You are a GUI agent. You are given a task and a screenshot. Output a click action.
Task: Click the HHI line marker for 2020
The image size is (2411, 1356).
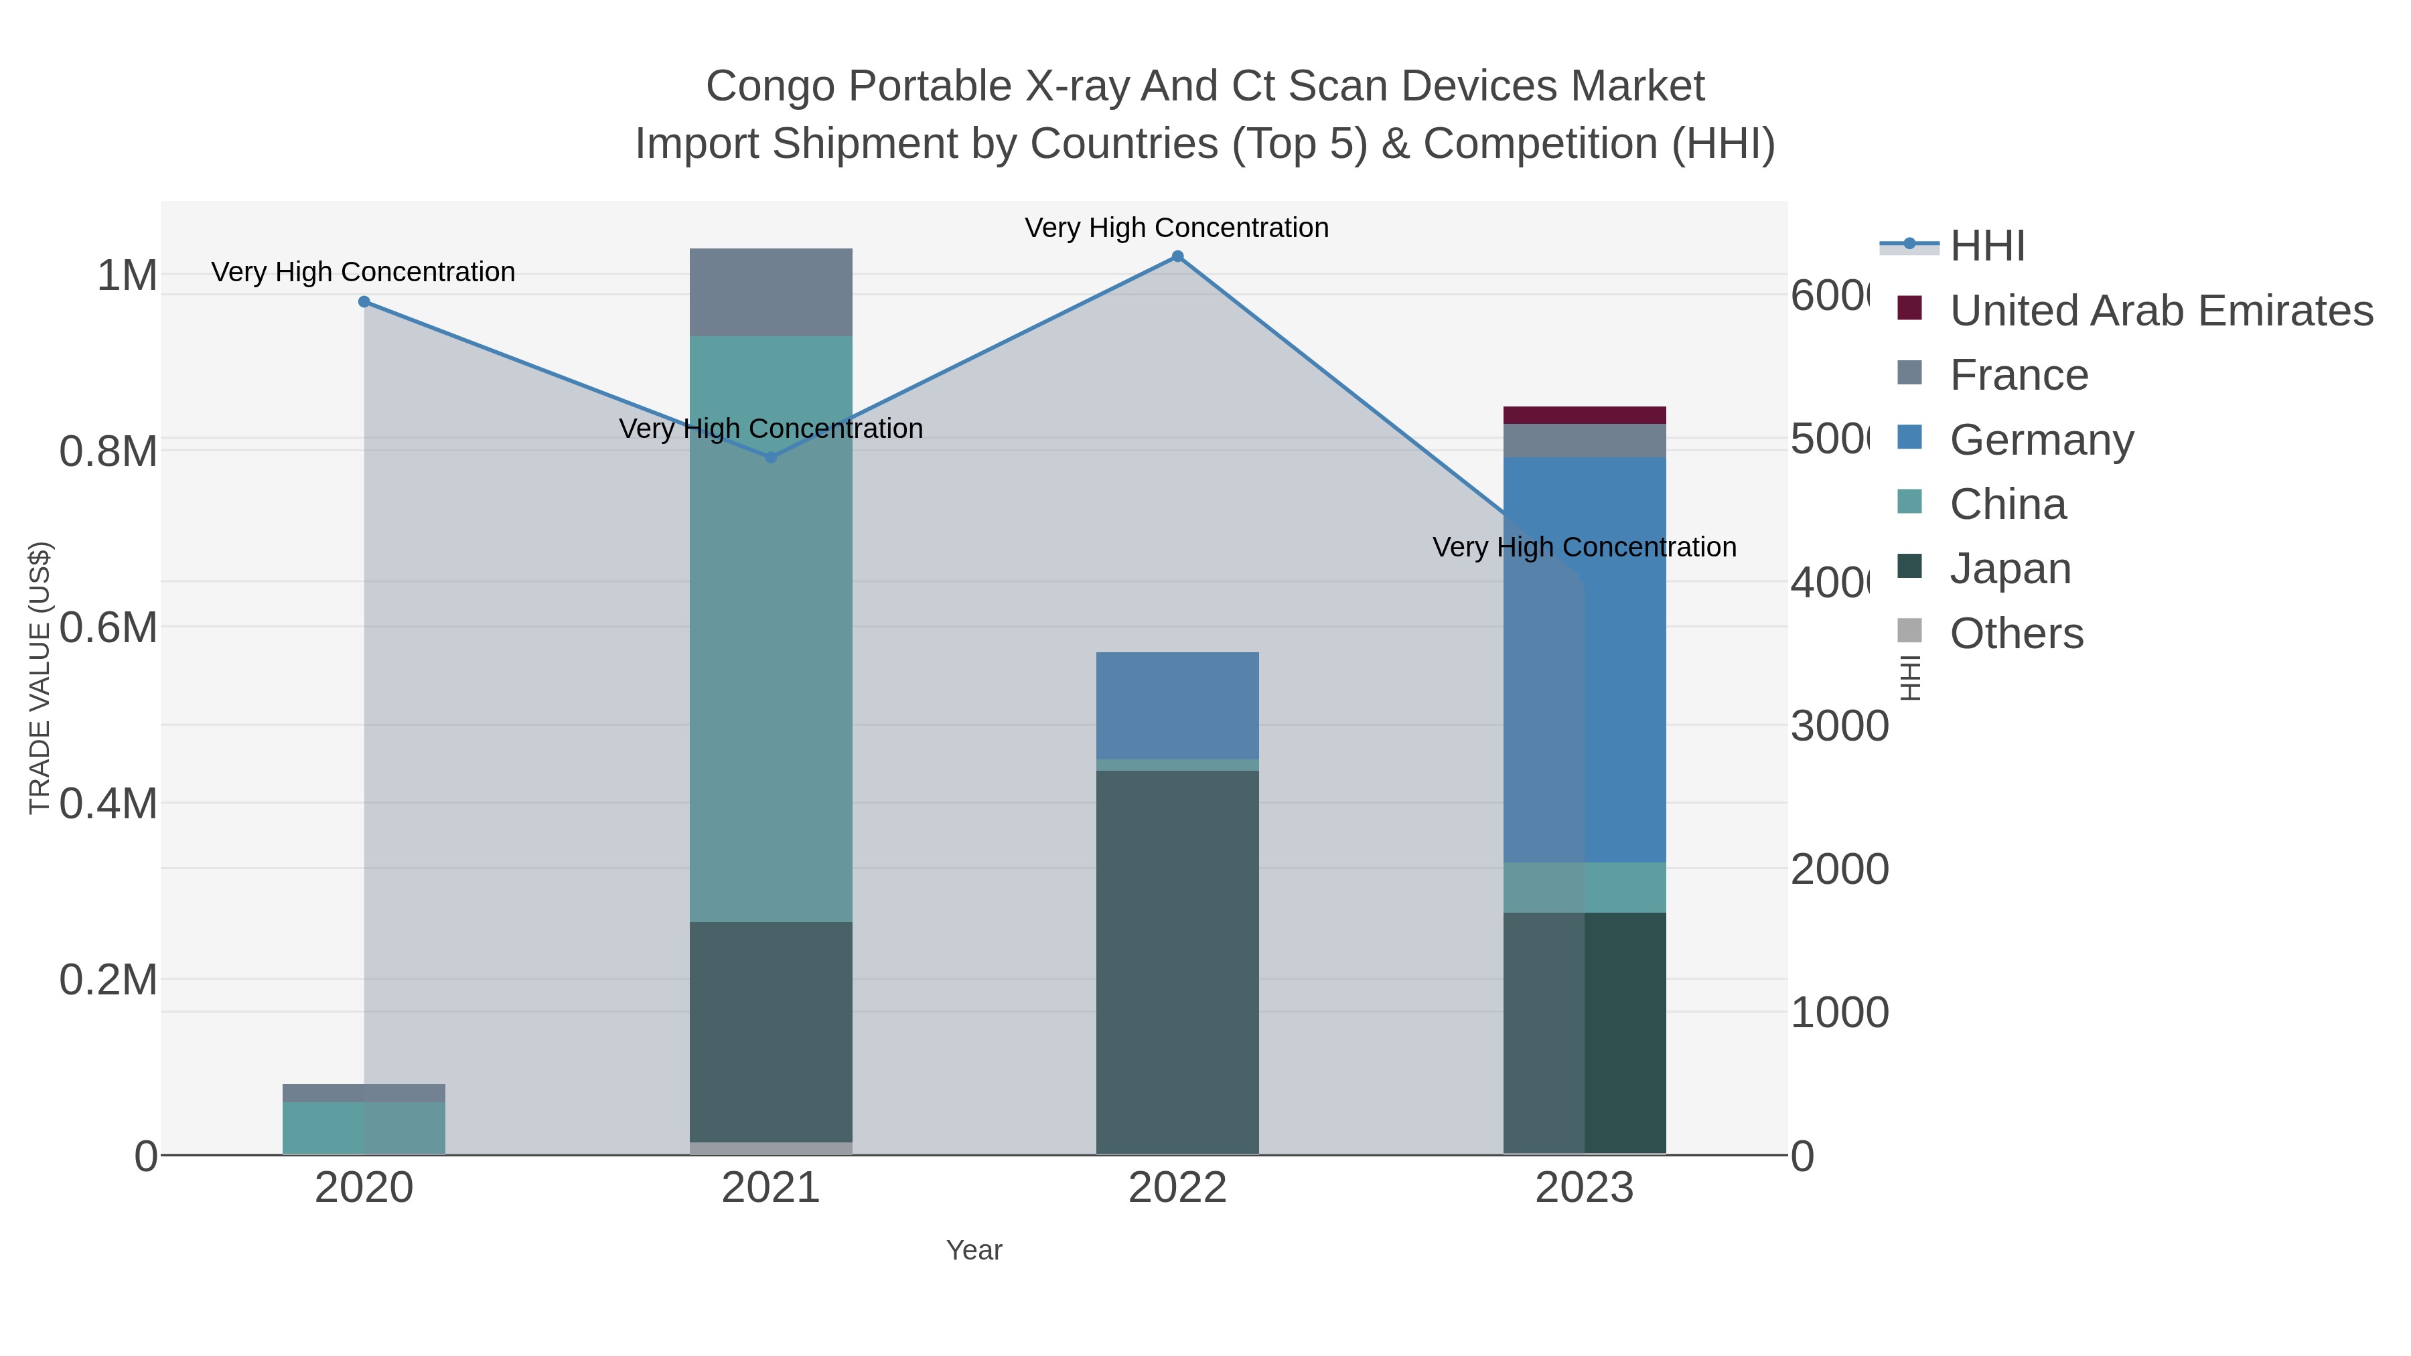364,301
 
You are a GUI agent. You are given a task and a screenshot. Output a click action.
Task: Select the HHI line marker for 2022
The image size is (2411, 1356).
1177,256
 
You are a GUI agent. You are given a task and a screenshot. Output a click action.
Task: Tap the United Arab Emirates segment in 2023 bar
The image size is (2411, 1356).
1585,415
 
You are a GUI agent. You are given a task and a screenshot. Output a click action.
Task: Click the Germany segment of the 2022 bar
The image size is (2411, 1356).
1177,704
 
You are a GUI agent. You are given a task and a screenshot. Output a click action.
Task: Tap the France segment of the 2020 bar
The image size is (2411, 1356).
364,1092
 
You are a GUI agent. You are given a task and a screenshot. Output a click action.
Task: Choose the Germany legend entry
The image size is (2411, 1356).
2041,440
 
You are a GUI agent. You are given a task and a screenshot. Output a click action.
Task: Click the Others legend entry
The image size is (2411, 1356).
2016,633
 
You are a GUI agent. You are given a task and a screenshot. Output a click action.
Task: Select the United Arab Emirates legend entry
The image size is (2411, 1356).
2160,311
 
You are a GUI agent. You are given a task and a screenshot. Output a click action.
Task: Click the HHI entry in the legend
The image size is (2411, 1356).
1987,246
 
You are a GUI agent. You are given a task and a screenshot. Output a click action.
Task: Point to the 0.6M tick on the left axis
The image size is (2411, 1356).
108,627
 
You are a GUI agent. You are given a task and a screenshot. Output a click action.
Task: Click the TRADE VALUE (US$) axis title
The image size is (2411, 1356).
40,678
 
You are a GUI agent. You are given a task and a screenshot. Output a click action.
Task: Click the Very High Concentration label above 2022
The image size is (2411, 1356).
1177,228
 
